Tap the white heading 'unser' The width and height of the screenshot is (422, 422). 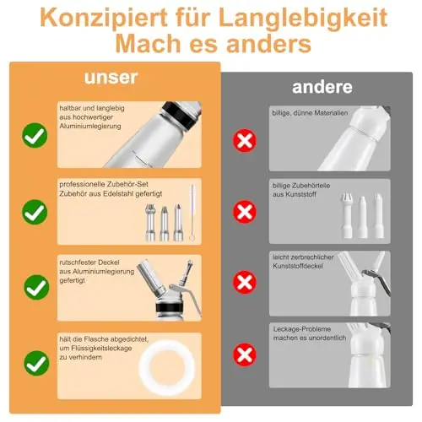pyautogui.click(x=111, y=78)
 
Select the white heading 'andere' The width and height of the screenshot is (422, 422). pyautogui.click(x=322, y=87)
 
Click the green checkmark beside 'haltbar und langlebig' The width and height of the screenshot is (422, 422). pyautogui.click(x=35, y=135)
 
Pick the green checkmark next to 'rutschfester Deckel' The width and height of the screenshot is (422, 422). pyautogui.click(x=36, y=287)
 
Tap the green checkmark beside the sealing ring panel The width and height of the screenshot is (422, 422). pyautogui.click(x=36, y=363)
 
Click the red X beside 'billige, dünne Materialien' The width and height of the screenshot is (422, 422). pyautogui.click(x=245, y=141)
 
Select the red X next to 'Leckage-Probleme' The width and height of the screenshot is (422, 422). pyautogui.click(x=245, y=354)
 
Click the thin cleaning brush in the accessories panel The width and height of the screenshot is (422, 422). pyautogui.click(x=192, y=213)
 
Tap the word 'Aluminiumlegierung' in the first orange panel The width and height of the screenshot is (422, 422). pyautogui.click(x=90, y=126)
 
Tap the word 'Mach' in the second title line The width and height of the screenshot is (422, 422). pyautogui.click(x=148, y=43)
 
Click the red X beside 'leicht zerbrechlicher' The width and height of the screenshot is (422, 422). pyautogui.click(x=245, y=282)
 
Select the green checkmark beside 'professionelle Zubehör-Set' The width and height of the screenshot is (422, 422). pyautogui.click(x=35, y=212)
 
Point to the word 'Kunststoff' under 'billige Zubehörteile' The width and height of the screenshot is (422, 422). pyautogui.click(x=300, y=194)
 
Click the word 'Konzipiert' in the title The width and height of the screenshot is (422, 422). pyautogui.click(x=104, y=18)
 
